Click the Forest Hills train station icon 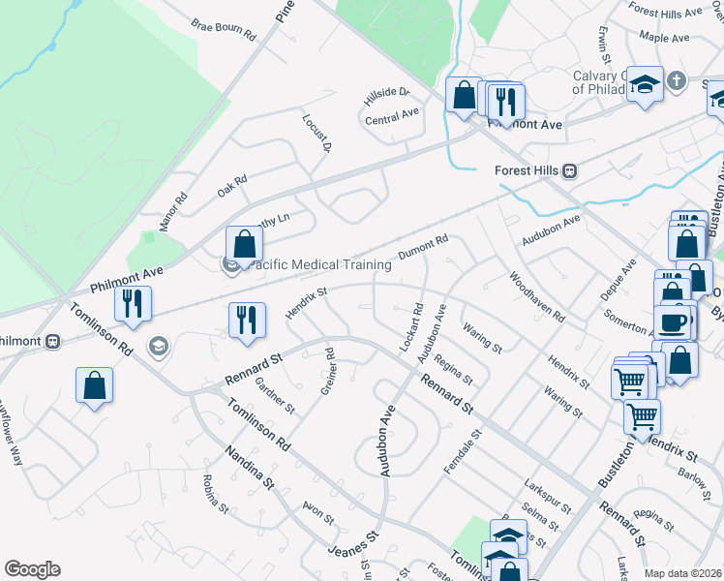coord(570,170)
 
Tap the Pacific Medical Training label coord(320,263)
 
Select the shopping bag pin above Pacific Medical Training coord(244,244)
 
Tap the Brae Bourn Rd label coord(223,30)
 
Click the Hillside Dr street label coord(387,97)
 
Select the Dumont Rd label coord(424,247)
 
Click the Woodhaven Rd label coord(537,296)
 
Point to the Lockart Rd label coord(411,329)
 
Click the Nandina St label coord(251,467)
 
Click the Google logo coord(32,569)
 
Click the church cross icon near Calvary coord(676,81)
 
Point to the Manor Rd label coord(174,212)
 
